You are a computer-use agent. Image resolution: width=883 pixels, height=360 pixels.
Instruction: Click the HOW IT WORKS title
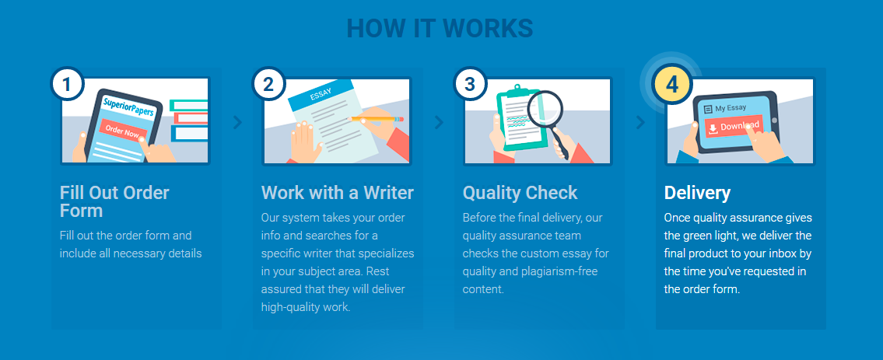click(440, 28)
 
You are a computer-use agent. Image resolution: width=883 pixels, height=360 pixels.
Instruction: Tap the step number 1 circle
click(68, 85)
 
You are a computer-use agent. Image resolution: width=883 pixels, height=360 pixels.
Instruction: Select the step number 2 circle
click(268, 85)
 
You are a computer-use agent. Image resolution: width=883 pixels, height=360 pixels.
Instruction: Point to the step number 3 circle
click(470, 85)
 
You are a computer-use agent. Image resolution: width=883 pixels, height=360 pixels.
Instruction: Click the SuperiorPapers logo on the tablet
click(128, 107)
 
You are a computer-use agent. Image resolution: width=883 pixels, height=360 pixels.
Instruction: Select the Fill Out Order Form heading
click(114, 202)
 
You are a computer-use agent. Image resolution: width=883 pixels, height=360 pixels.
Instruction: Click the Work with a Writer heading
click(338, 193)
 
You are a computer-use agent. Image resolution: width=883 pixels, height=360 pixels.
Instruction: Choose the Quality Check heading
click(520, 193)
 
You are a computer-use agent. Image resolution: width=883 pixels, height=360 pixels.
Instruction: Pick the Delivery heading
click(697, 193)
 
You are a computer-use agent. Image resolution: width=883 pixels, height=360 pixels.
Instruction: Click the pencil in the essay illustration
click(377, 119)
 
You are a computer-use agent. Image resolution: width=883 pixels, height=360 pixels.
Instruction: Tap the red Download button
click(734, 127)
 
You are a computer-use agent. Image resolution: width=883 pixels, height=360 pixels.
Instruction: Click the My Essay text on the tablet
click(731, 107)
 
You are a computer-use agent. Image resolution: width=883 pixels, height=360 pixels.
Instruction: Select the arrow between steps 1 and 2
click(237, 122)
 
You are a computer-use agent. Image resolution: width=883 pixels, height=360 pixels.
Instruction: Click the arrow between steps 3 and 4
click(640, 122)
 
